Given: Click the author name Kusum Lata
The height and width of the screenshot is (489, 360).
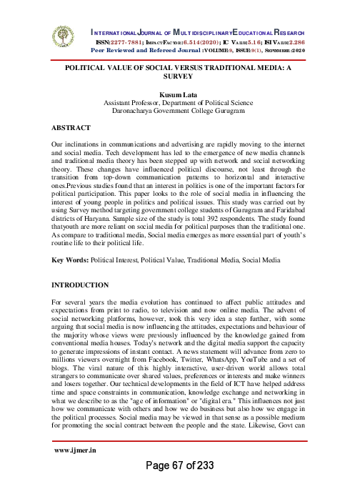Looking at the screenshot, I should pyautogui.click(x=180, y=94).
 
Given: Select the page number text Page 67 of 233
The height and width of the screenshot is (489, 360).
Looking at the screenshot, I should pyautogui.click(x=181, y=465).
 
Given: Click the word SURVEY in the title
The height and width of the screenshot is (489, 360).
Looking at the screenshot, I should pyautogui.click(x=180, y=81).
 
